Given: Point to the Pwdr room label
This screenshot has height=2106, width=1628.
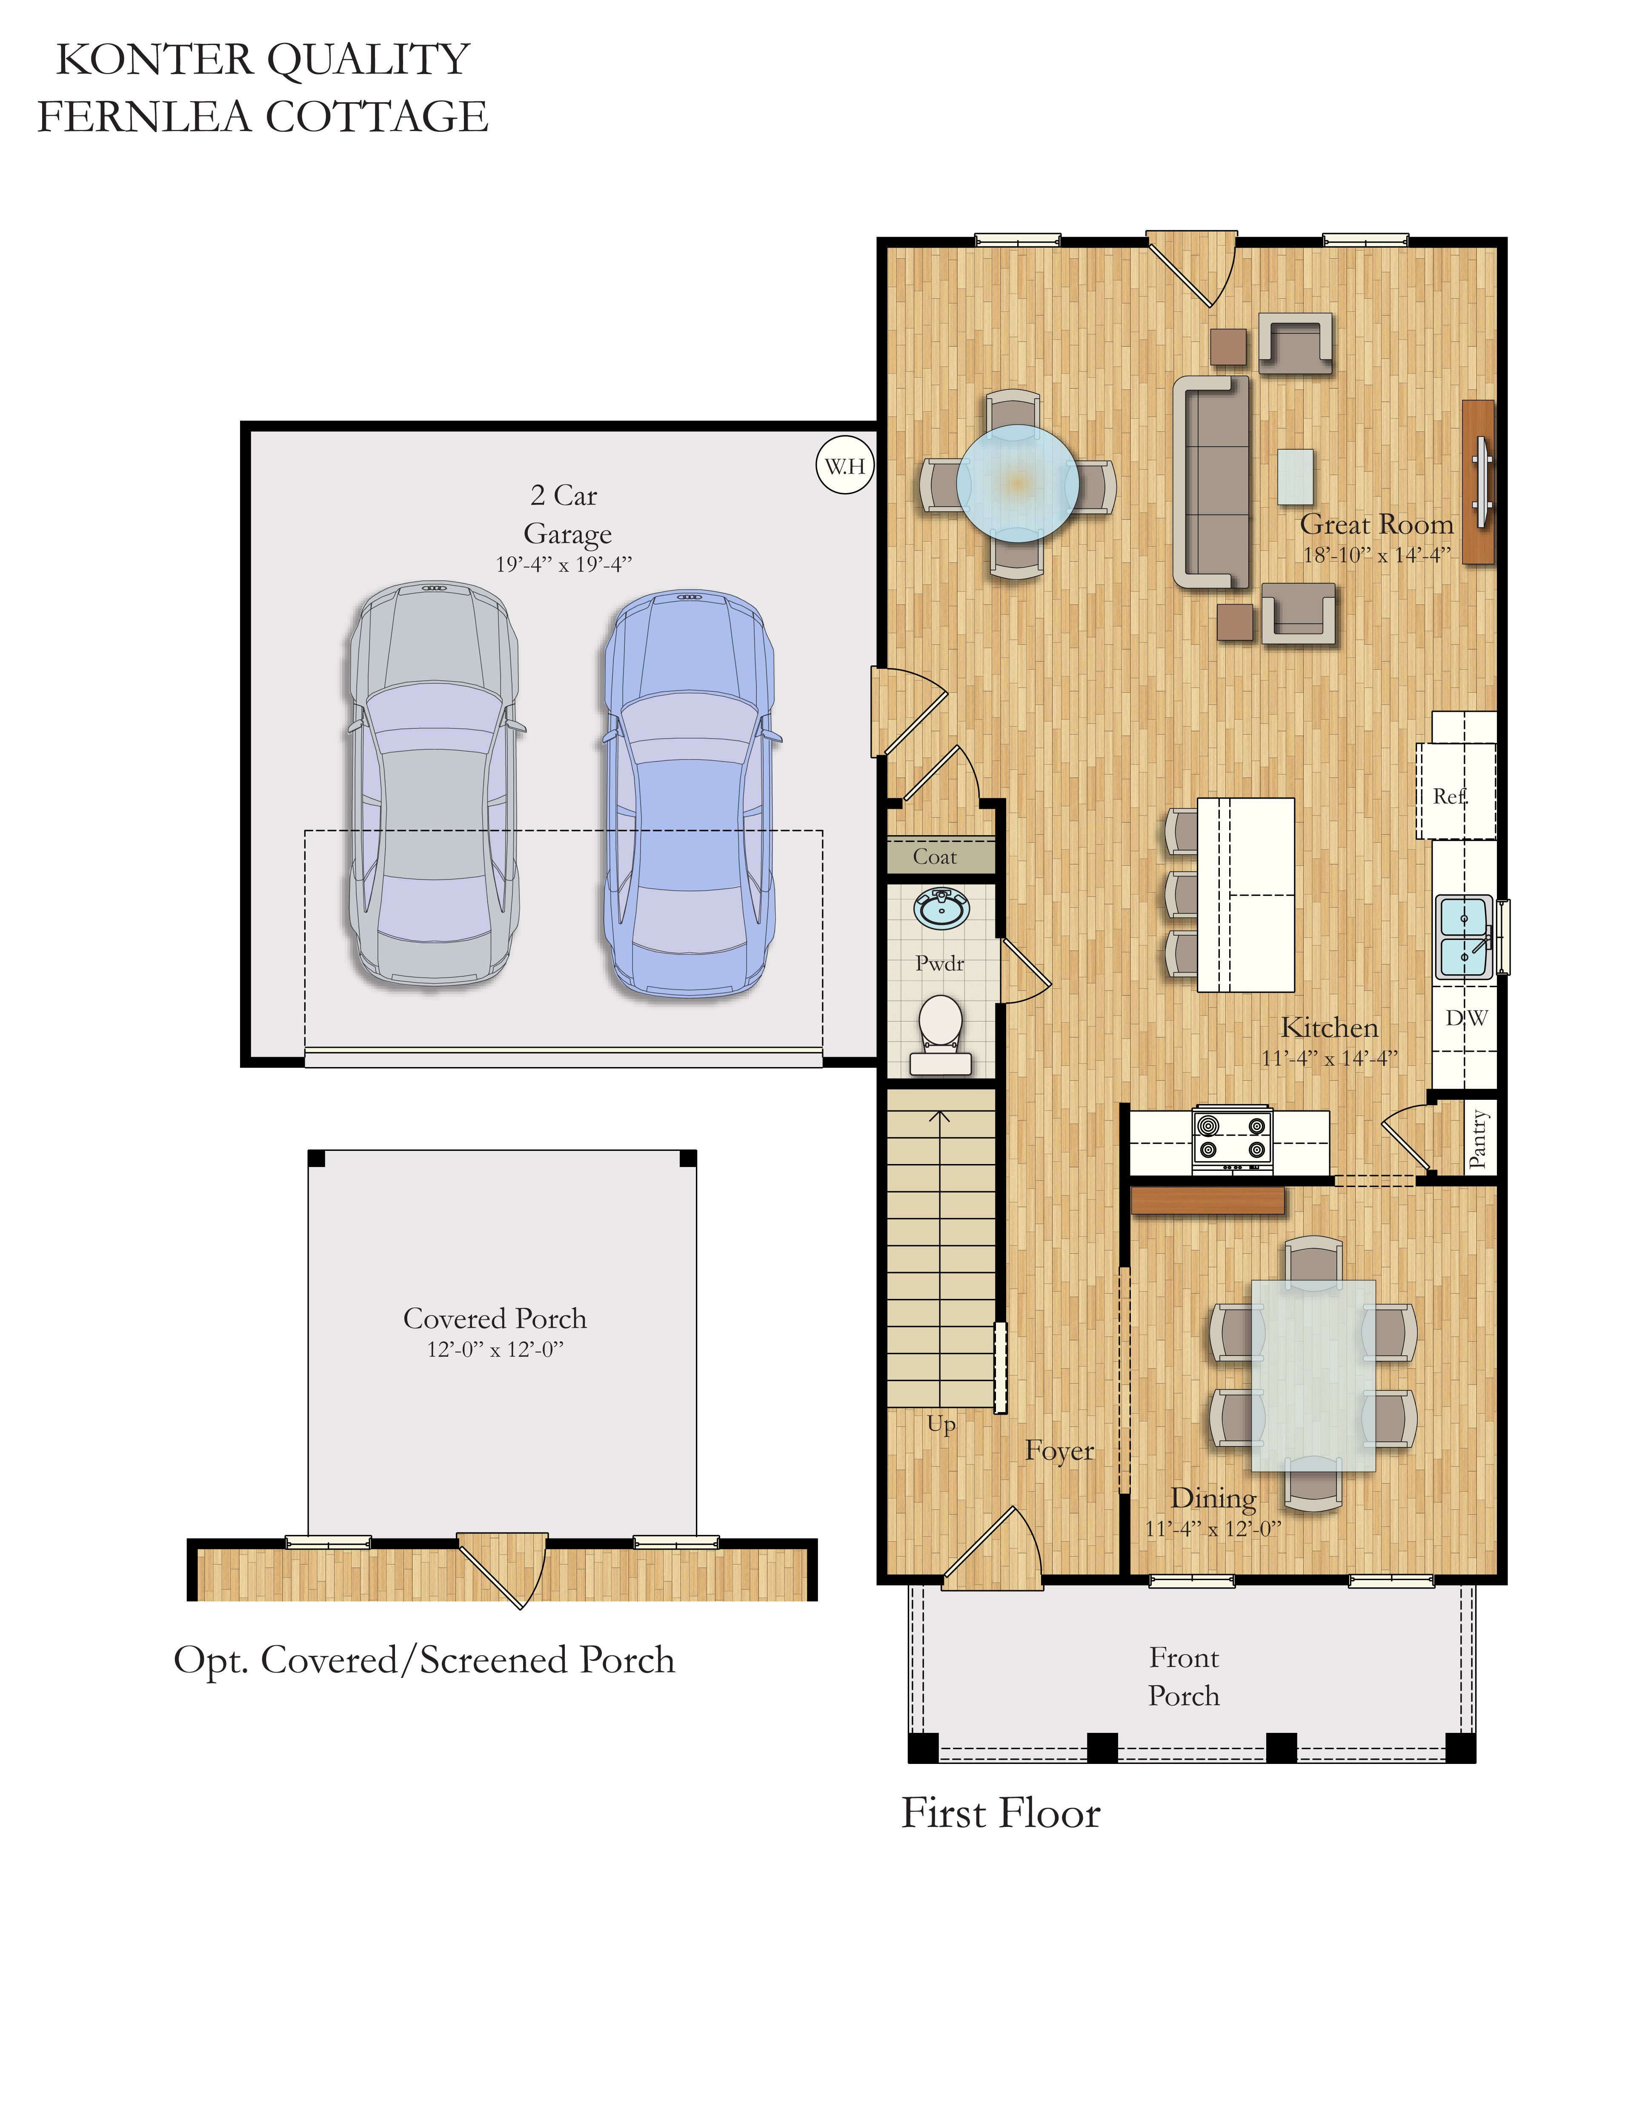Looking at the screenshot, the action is [x=939, y=962].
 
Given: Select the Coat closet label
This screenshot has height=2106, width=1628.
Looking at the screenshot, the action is [x=935, y=856].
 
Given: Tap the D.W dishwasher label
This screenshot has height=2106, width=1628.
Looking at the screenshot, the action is [x=1466, y=1017].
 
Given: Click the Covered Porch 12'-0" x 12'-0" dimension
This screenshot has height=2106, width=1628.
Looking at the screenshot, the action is [x=495, y=1349].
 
